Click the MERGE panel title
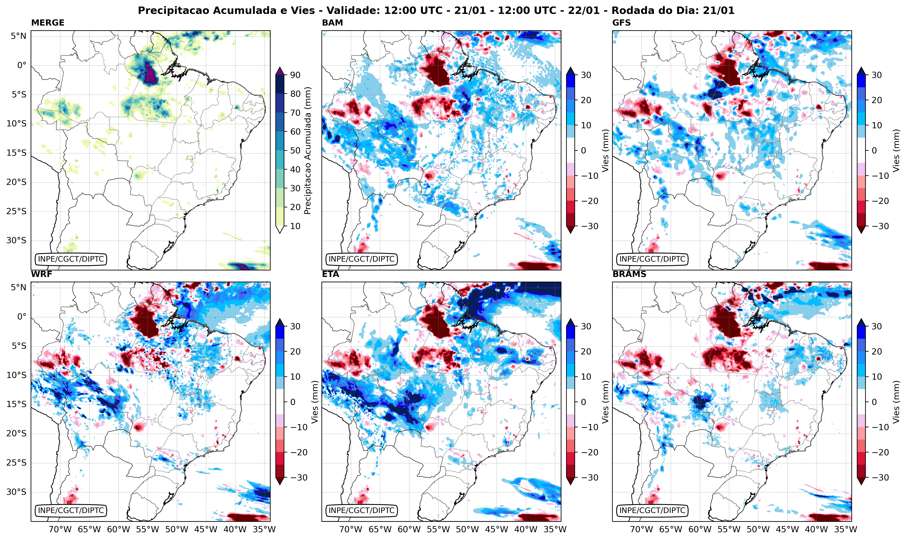[48, 22]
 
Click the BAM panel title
[332, 22]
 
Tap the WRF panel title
[41, 274]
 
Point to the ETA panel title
[330, 274]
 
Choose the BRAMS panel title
[629, 274]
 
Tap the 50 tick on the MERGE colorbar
[295, 151]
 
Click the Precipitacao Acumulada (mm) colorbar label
[308, 151]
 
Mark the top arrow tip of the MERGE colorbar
[280, 67]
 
